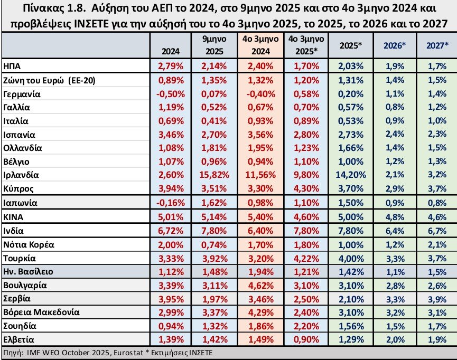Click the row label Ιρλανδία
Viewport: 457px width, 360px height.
click(x=21, y=175)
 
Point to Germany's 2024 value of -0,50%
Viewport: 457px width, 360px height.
click(x=171, y=93)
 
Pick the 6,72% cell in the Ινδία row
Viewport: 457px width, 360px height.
click(x=171, y=231)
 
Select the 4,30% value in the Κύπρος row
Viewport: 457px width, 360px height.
click(x=305, y=188)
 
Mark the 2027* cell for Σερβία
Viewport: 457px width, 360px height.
click(x=436, y=298)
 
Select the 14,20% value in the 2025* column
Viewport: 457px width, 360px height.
click(x=349, y=175)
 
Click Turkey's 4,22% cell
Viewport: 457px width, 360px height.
click(x=305, y=258)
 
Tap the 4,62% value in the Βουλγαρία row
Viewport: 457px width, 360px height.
click(x=259, y=285)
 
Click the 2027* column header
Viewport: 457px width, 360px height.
click(x=436, y=45)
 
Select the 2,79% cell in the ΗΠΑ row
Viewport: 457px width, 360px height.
click(x=171, y=66)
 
